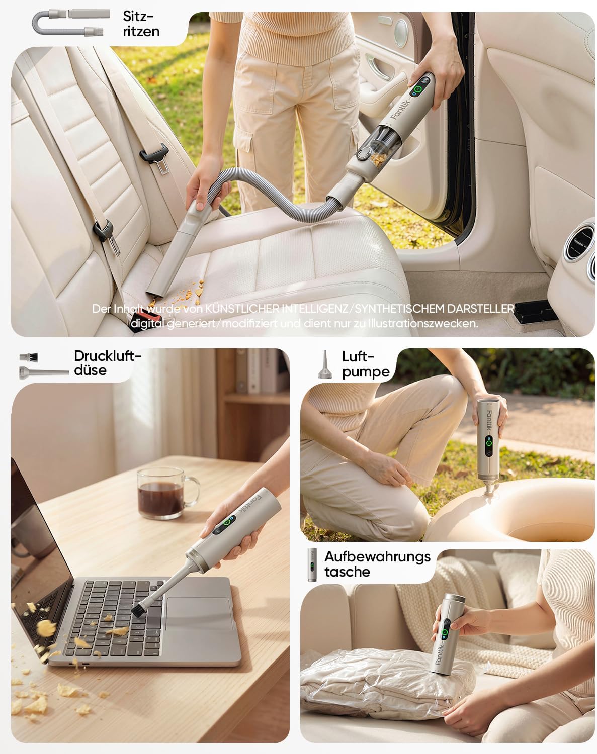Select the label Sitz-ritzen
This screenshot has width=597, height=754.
[x=141, y=24]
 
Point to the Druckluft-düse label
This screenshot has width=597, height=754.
[x=107, y=363]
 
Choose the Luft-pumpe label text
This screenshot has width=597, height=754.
[x=366, y=364]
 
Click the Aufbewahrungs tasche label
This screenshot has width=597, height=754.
[x=377, y=564]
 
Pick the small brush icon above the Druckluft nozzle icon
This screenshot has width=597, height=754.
[x=28, y=357]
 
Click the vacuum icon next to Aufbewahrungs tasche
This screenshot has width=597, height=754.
[x=312, y=565]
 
